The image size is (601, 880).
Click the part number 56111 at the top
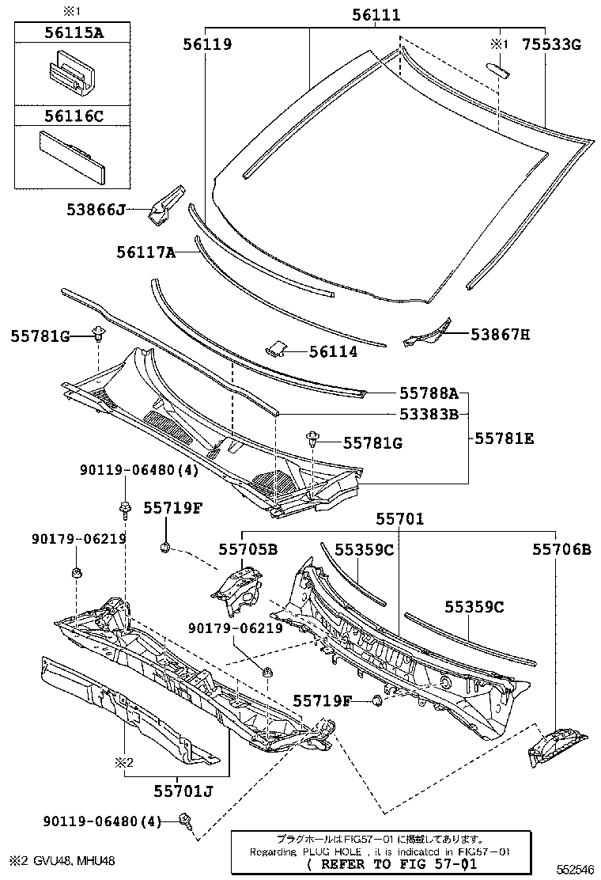376,15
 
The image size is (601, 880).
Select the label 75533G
551,45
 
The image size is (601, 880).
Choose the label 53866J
96,210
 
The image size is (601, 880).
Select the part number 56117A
146,252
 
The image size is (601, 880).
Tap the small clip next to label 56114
276,348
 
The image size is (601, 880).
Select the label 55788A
429,393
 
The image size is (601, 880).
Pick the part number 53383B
429,413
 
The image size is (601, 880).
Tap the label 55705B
248,548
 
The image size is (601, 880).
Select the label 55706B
561,548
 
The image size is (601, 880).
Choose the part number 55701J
183,790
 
